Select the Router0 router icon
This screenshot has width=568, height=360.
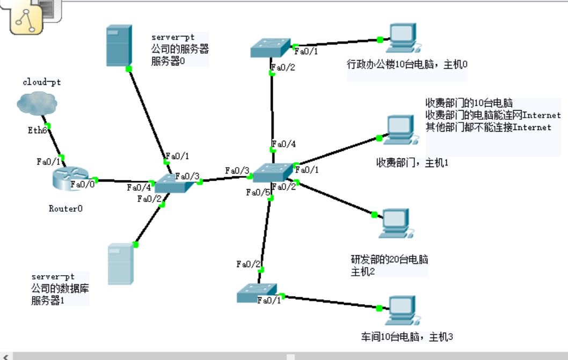(x=69, y=179)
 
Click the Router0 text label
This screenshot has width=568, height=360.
(x=66, y=208)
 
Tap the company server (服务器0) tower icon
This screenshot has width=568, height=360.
(x=118, y=46)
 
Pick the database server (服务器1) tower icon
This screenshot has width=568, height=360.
(x=120, y=264)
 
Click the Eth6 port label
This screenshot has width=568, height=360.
(x=38, y=131)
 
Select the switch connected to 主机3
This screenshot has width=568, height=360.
(x=257, y=293)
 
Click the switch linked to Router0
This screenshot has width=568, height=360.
(x=174, y=184)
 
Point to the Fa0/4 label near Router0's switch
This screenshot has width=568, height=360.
(x=139, y=188)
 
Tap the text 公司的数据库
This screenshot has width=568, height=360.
(x=60, y=289)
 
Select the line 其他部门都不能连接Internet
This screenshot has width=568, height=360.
(x=488, y=127)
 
